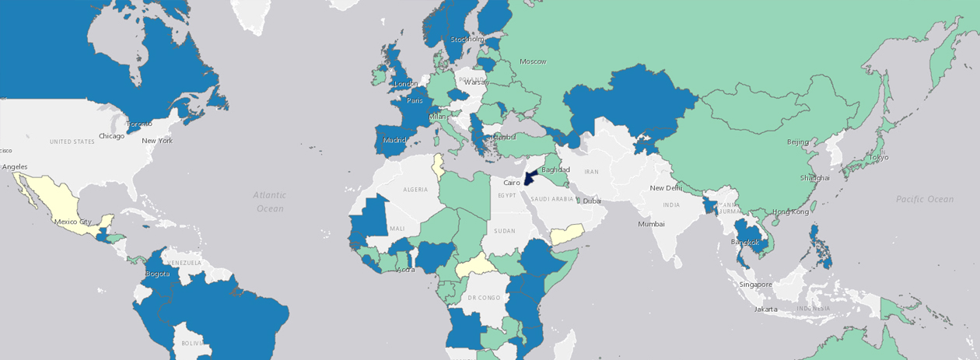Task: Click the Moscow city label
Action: (533, 61)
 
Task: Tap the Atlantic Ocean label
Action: (270, 201)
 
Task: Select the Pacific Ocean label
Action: (924, 199)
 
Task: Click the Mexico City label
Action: (72, 222)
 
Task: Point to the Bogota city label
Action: (157, 274)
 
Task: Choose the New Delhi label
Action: (665, 188)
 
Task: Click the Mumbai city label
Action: (651, 224)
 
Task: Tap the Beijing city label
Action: (798, 142)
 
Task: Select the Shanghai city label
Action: (814, 178)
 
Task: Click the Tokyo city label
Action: (878, 157)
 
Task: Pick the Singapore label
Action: (756, 285)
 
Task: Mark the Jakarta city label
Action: (766, 309)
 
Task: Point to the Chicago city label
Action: (111, 136)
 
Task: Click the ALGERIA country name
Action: (415, 190)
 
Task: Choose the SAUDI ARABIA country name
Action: (552, 199)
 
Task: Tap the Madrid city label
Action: (394, 141)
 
